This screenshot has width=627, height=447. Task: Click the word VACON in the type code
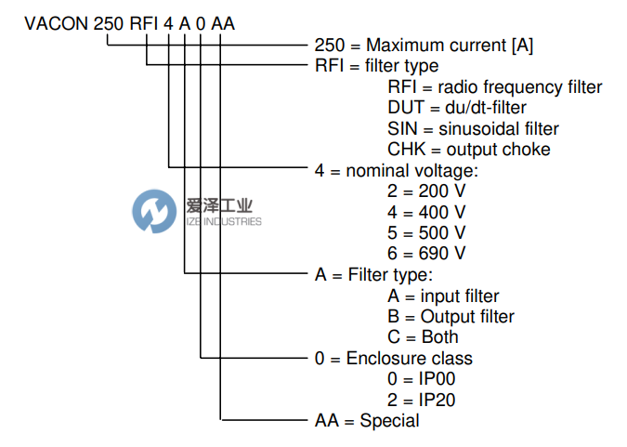(x=57, y=23)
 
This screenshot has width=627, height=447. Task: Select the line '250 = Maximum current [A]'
(x=424, y=46)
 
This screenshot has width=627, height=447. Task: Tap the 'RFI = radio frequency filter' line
(x=495, y=86)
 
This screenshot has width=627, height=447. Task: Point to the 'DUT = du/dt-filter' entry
(x=457, y=108)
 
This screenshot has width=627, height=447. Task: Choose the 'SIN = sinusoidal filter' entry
(x=473, y=128)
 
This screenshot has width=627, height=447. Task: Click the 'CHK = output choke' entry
(x=469, y=150)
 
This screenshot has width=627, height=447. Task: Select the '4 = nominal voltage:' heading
(x=397, y=171)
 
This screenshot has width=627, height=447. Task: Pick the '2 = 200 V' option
(x=426, y=191)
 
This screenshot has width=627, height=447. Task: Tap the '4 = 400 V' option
(x=426, y=212)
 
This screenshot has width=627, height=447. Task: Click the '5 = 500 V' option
(x=426, y=232)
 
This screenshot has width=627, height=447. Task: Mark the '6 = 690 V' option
(x=426, y=254)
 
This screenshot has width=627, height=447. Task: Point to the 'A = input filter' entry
(x=443, y=296)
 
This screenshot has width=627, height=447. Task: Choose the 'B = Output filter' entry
(x=451, y=317)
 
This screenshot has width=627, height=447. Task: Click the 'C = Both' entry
(x=423, y=337)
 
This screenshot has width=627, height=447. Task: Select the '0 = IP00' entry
(x=422, y=378)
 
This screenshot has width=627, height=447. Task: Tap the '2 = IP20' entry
(x=422, y=400)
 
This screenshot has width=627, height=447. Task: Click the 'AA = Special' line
(x=367, y=421)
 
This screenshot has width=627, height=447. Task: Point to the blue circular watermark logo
(x=154, y=211)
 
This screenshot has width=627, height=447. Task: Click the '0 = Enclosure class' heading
(x=394, y=358)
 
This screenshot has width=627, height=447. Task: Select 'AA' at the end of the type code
(x=223, y=23)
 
